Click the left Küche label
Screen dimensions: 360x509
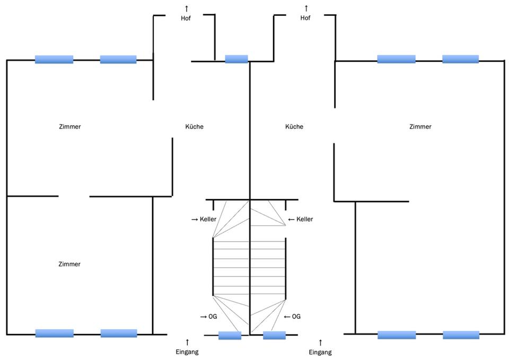pos(194,127)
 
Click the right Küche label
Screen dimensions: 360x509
pos(294,127)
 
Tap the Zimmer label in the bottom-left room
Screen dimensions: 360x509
pos(69,264)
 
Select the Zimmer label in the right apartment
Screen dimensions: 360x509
pos(420,127)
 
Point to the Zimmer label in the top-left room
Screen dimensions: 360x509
pos(69,127)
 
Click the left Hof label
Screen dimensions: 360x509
pos(186,18)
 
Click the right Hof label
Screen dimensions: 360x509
pos(305,18)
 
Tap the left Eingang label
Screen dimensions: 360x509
pos(187,352)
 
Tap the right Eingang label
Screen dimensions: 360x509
pos(320,352)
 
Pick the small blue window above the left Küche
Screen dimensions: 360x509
pos(236,59)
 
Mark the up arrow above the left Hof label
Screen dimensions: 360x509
pos(186,8)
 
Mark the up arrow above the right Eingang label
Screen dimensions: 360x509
pos(320,343)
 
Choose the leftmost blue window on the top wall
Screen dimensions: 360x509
pos(54,59)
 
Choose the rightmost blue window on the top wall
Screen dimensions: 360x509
pos(460,59)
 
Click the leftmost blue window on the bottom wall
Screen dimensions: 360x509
pos(55,333)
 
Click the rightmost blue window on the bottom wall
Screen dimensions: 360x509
pos(461,335)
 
